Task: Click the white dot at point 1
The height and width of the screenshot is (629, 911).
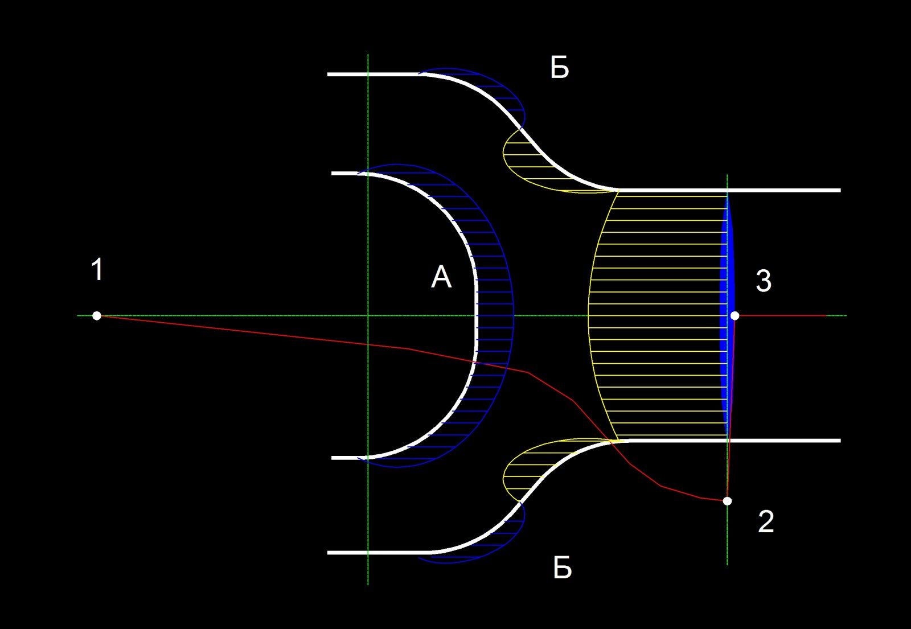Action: (97, 315)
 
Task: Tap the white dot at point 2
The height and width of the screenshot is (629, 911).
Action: (727, 501)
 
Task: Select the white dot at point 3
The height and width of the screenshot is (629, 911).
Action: (735, 315)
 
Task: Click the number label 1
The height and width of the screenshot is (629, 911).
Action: (97, 270)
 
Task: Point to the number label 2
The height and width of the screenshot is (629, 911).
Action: (766, 522)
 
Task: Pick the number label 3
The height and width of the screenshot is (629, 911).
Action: (764, 281)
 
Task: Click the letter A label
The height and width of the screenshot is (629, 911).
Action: (441, 278)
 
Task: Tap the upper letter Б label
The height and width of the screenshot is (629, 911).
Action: (560, 69)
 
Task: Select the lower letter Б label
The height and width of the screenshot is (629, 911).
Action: (563, 568)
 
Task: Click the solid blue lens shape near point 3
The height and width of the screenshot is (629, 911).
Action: (725, 313)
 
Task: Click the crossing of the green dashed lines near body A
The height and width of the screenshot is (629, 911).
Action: (368, 315)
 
